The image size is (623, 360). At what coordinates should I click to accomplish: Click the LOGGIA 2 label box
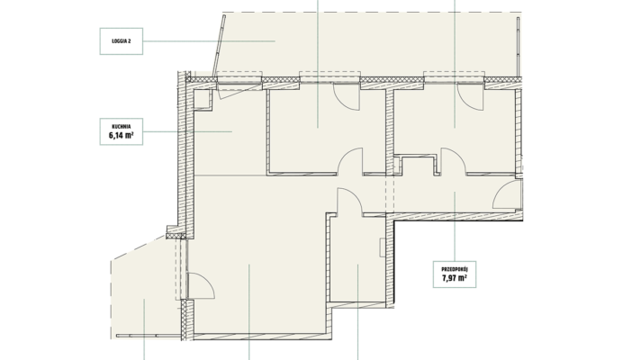coord(122,40)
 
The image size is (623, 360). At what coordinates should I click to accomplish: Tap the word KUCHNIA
coord(122,126)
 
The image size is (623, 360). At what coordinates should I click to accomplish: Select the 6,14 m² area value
coord(122,136)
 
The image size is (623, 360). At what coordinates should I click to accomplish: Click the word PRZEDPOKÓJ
coord(455,269)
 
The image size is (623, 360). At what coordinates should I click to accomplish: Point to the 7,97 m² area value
coord(455,278)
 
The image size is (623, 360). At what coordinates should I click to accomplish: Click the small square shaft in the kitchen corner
coord(202,99)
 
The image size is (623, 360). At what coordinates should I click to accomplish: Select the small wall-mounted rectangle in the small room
coord(383,247)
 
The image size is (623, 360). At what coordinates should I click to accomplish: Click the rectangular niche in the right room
coord(417,165)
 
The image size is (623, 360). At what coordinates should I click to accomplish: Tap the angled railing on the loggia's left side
coord(219,46)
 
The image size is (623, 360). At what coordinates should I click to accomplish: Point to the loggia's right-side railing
coord(519,47)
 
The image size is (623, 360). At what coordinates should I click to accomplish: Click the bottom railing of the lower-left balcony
coord(149,337)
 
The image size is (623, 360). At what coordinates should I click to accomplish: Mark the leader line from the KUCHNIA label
coord(187,131)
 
